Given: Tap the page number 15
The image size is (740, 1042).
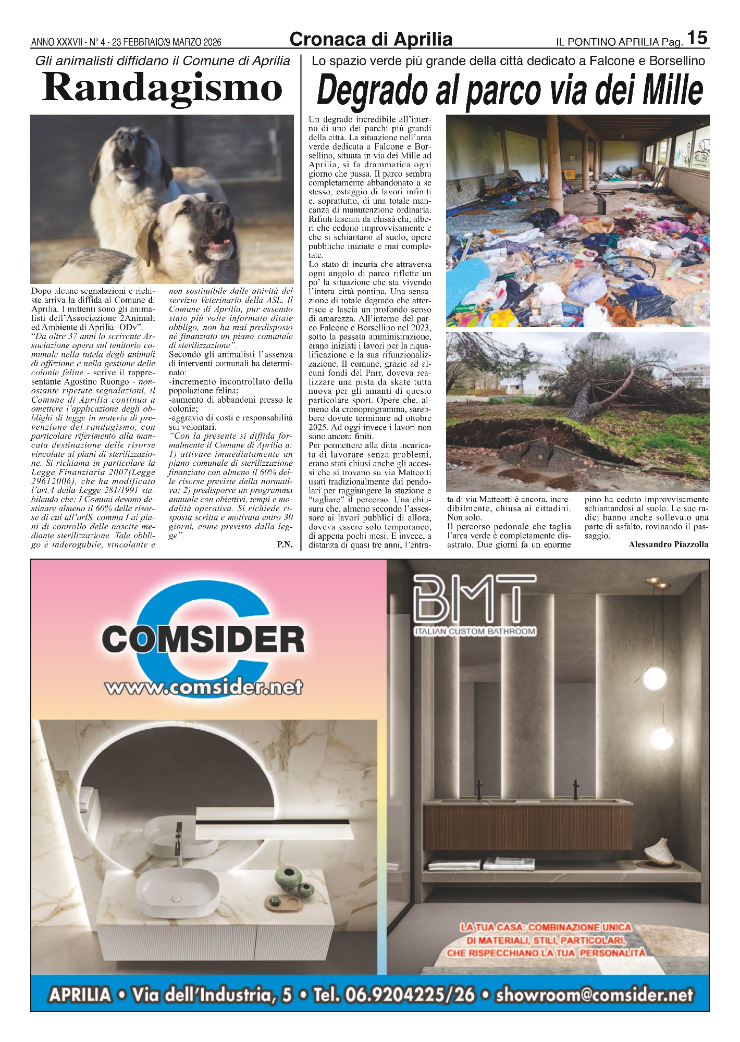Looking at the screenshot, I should click(697, 39).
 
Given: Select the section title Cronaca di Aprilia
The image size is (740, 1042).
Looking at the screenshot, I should click(371, 40).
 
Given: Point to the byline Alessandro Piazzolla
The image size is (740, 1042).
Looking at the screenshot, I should click(668, 544).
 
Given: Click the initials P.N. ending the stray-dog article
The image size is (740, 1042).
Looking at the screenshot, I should click(285, 545).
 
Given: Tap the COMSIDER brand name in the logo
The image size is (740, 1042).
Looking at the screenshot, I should click(203, 639).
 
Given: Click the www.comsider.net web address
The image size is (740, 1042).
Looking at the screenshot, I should click(204, 687).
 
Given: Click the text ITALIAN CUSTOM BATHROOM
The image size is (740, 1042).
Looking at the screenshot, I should click(475, 631).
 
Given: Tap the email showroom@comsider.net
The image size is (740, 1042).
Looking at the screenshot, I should click(595, 995).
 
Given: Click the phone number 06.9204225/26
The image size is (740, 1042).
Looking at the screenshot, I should click(394, 995).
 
